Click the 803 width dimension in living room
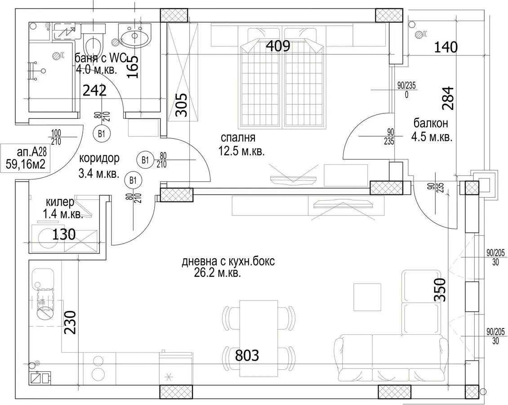click(247, 355)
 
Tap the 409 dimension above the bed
click(278, 46)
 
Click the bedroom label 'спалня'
click(238, 138)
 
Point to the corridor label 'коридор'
click(99, 158)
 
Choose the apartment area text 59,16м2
click(25, 164)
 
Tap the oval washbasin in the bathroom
click(134, 36)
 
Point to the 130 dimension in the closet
click(64, 234)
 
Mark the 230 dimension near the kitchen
click(70, 322)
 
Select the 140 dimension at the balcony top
click(446, 47)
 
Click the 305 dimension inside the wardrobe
click(181, 105)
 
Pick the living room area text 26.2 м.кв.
click(218, 273)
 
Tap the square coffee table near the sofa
click(367, 297)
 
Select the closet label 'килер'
click(60, 202)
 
